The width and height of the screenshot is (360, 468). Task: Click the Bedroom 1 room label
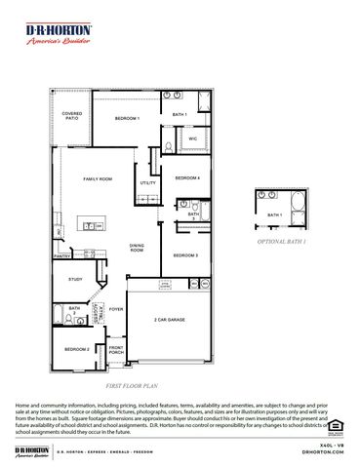(128, 119)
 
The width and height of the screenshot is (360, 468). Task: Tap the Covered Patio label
(72, 116)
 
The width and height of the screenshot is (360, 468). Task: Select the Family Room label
(98, 179)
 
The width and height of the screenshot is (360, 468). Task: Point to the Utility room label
(148, 183)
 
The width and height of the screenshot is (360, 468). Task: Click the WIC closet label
(192, 139)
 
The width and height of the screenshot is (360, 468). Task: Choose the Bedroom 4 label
(187, 178)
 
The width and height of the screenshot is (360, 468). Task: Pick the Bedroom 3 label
(185, 255)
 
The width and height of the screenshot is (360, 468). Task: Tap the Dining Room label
(138, 249)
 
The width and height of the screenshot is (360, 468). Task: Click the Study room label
(75, 280)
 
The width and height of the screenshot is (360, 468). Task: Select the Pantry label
(61, 256)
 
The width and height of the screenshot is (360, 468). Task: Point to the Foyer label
(116, 309)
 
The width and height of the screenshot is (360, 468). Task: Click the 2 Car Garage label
(170, 320)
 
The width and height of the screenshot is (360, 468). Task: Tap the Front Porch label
(116, 350)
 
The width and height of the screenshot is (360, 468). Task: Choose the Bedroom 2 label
(77, 349)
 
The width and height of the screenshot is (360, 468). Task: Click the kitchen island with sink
(96, 225)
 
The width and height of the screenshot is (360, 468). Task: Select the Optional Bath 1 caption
(281, 240)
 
